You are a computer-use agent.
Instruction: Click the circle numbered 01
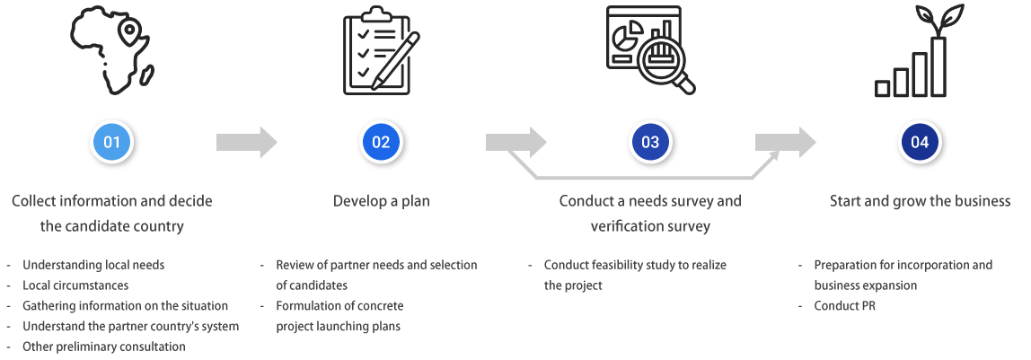(x=112, y=142)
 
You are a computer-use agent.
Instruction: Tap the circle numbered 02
(x=381, y=142)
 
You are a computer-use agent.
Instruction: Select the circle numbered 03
(x=650, y=142)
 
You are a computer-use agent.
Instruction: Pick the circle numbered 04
(x=920, y=142)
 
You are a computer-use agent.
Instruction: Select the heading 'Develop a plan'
(x=381, y=201)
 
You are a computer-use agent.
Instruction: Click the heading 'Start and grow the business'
(x=920, y=201)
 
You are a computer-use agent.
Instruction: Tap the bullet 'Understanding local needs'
(x=93, y=265)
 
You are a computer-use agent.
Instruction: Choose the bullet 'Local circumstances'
(x=75, y=285)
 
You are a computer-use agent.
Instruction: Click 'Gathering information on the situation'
(x=125, y=306)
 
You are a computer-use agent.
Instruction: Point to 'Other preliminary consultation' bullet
(x=103, y=347)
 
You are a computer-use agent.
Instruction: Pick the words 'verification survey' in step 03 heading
(x=650, y=226)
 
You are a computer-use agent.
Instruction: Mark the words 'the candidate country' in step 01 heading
(x=112, y=226)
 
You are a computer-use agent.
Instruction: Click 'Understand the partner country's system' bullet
(x=130, y=326)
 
